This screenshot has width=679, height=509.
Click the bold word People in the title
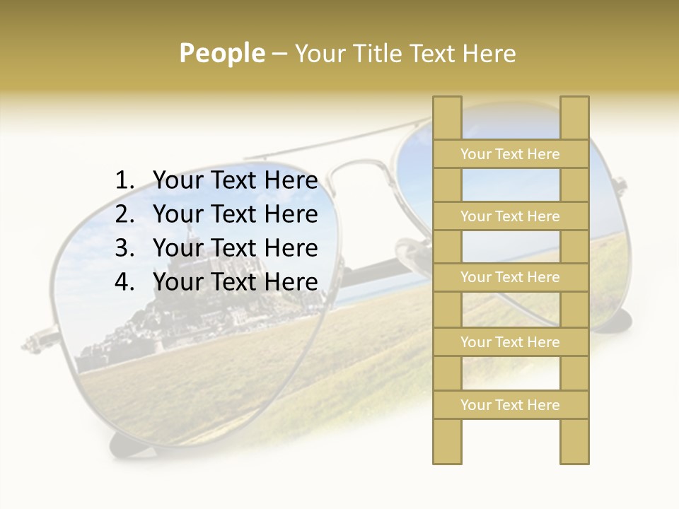222,53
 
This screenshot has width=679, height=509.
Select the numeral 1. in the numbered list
124,181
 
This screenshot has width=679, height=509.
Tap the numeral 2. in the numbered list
124,214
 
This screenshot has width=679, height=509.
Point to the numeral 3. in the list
124,248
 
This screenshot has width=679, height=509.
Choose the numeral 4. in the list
124,282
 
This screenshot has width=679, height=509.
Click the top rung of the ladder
510,154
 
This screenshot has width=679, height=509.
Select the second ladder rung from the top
510,216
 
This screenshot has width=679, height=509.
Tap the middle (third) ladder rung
510,277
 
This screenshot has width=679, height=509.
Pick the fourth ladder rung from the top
510,342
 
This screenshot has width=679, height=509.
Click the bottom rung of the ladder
510,405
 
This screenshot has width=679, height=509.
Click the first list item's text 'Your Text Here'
236,181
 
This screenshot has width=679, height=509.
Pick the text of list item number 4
236,282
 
